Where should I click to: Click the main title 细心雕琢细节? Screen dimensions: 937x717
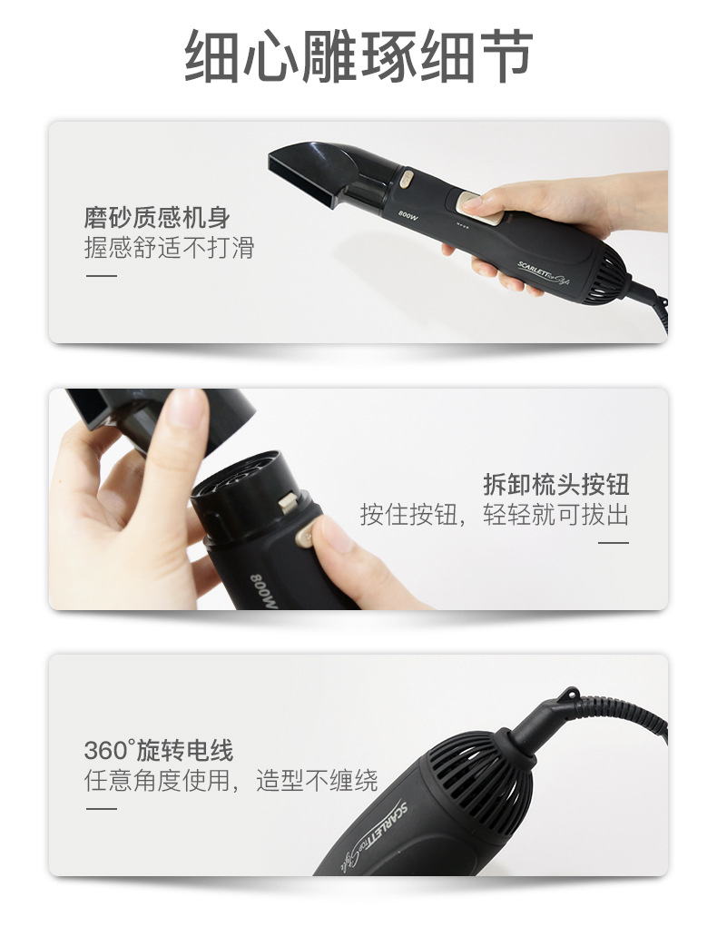point(358,56)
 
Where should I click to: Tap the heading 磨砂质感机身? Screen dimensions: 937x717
point(156,218)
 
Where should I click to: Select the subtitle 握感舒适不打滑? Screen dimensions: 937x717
point(169,248)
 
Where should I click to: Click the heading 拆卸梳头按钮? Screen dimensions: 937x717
point(555,483)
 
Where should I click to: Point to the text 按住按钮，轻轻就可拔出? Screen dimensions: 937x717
point(494,515)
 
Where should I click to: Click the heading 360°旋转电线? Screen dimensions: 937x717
point(159,751)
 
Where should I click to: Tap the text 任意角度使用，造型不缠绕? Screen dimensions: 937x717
point(231,781)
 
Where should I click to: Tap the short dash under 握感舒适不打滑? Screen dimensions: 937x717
point(101,276)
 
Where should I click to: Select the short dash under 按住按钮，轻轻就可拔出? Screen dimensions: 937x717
point(614,543)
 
